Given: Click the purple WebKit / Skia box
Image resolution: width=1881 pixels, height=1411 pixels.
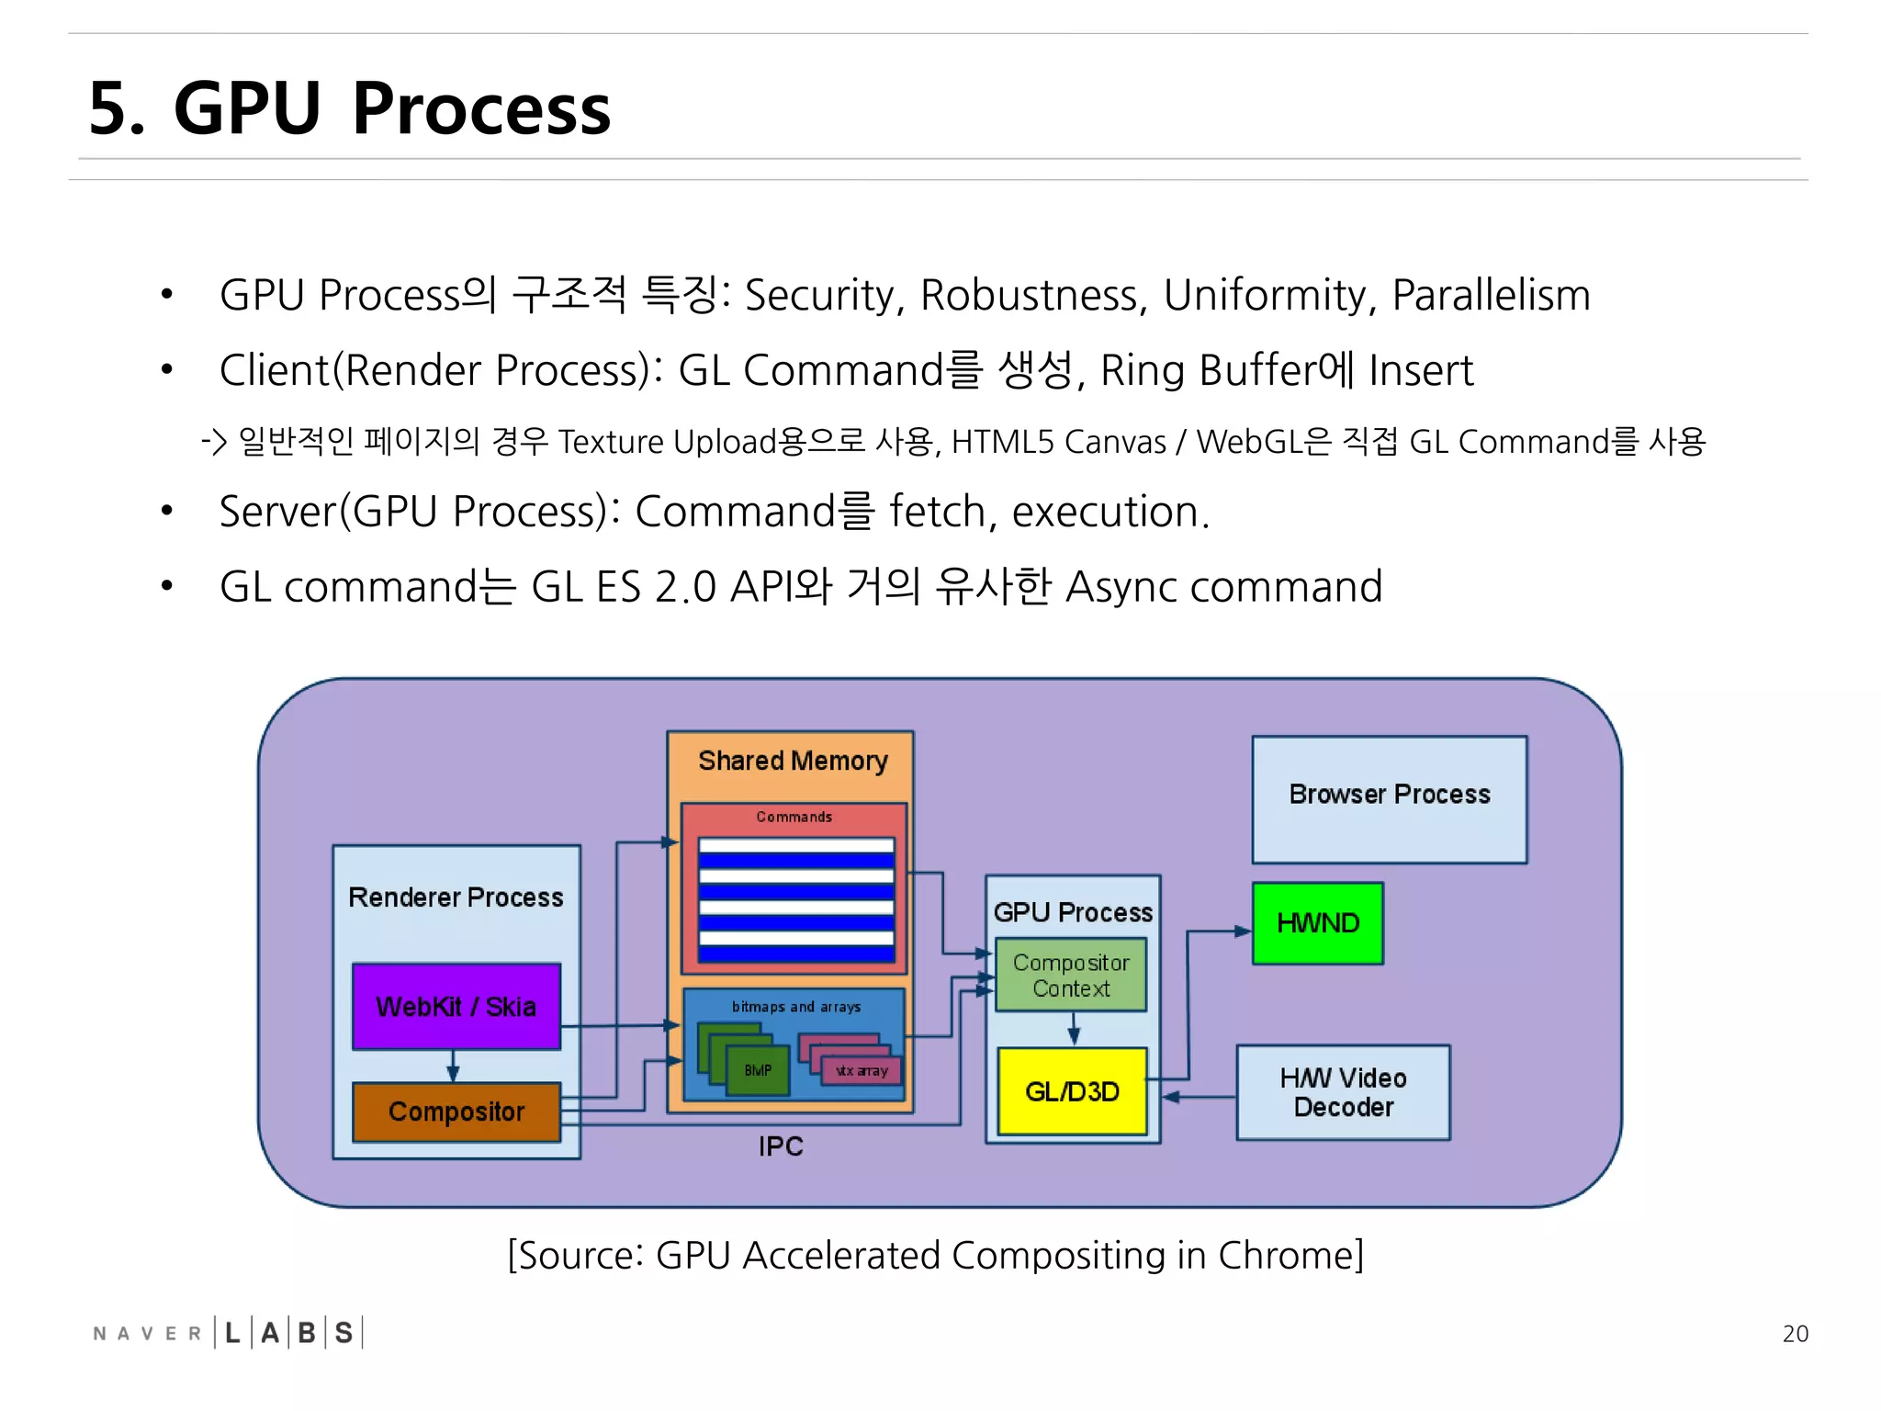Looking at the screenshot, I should pos(456,1007).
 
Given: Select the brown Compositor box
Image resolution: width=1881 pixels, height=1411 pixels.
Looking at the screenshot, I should pos(456,1112).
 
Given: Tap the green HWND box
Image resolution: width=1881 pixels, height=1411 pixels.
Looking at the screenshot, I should pos(1317,923).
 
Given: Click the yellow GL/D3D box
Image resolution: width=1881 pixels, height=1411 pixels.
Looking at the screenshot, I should pos(1072,1091).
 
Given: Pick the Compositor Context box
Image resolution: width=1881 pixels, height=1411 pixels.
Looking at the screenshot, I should pos(1071,975).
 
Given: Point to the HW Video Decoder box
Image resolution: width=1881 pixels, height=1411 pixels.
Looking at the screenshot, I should pos(1343,1092).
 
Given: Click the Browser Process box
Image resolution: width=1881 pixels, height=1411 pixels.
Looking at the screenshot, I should pos(1389,795).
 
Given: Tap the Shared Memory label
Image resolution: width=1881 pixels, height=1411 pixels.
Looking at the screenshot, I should pos(793,761).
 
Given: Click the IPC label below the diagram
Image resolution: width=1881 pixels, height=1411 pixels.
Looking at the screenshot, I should pos(780,1146).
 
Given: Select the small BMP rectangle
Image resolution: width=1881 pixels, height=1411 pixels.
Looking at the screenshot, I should pos(758,1071).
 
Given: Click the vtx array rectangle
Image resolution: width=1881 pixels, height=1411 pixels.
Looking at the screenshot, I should pos(862,1071).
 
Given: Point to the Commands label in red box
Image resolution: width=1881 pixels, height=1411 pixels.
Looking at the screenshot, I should pos(794,817).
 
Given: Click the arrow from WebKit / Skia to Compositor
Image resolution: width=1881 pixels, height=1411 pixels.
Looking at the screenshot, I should pos(453,1067).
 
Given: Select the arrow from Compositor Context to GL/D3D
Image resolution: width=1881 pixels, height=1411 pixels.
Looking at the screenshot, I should pos(1074,1029).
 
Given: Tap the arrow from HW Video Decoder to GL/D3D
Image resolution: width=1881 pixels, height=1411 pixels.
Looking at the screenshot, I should pos(1199,1097).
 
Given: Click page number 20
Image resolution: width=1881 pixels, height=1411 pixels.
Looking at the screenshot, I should pos(1795,1334).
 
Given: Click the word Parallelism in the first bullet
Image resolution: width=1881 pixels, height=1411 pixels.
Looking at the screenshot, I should pos(1491,295).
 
